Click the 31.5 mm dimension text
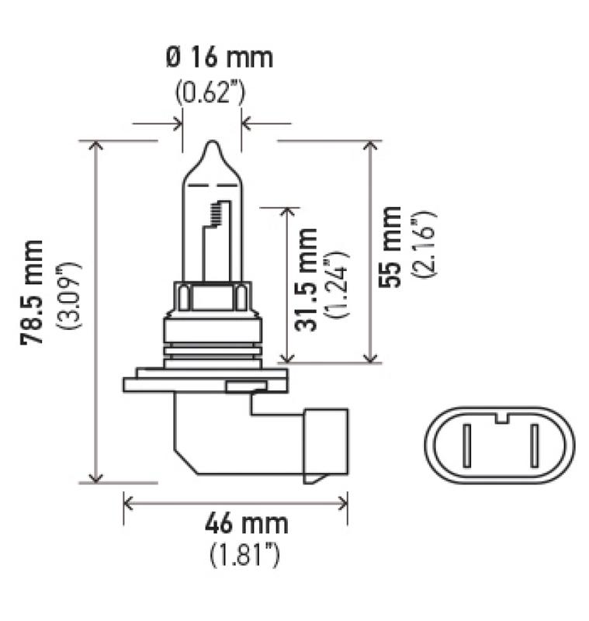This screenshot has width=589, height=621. [x=308, y=280]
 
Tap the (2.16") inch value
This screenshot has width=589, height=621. [x=425, y=247]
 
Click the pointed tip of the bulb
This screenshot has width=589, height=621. [x=212, y=144]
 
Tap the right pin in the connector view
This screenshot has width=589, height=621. [x=534, y=448]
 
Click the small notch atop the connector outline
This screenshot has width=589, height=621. [x=501, y=419]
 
